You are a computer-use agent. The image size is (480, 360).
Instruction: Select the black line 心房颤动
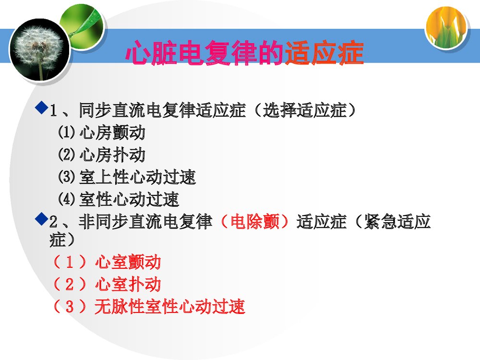coord(112,132)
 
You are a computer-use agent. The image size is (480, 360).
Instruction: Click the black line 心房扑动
coord(112,155)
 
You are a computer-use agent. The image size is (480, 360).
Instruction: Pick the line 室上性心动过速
coord(137,177)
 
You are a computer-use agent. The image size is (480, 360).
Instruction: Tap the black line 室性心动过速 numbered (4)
coord(129,199)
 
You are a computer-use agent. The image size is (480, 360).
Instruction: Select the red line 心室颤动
coord(128,262)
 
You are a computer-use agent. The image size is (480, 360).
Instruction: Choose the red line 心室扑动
coord(128,284)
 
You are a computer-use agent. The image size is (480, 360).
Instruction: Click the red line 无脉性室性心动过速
coord(169,306)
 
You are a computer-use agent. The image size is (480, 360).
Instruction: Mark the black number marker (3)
coord(67,177)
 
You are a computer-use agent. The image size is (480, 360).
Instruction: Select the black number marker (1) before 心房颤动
coord(67,132)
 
